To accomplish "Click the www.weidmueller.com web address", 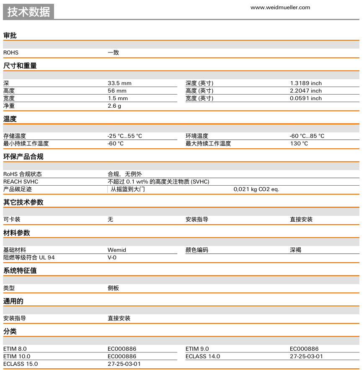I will pos(280,7).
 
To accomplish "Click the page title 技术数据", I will pos(28,12).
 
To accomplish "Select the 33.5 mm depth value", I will pos(119,83).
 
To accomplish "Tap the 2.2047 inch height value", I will pos(306,91).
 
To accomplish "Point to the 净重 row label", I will pos(9,106).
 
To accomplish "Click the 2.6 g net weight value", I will pos(114,106).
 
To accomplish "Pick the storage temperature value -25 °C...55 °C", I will pos(124,136).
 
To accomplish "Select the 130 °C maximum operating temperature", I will pos(299,143).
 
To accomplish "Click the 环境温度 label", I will pos(197,136).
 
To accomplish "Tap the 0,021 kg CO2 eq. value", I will pos(256,189).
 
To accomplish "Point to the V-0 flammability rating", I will pos(112,257).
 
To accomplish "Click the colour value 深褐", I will pos(295,250).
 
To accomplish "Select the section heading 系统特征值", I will pos(20,271).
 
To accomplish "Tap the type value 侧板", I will pos(113,288).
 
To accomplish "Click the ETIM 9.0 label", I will pos(197,349).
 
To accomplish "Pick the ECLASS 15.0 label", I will pos(21,364).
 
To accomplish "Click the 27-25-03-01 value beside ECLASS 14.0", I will pos(306,356).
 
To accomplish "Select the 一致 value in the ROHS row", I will pos(113,53).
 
